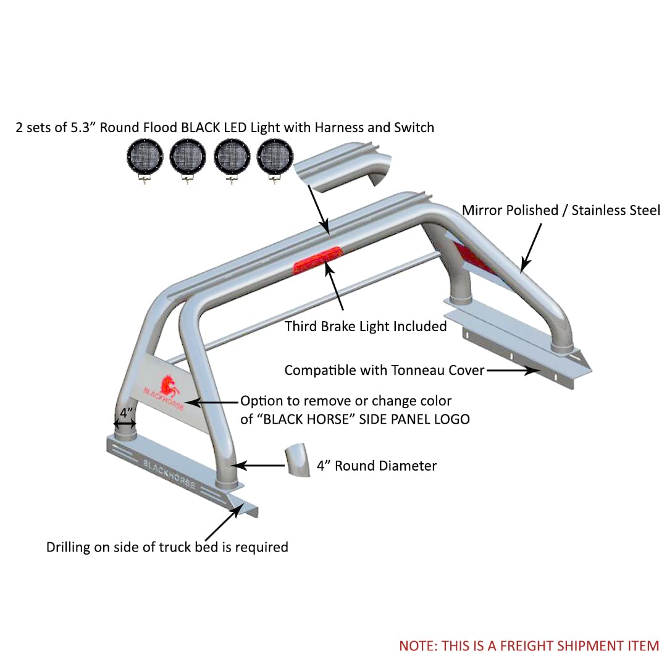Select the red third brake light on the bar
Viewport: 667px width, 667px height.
318,260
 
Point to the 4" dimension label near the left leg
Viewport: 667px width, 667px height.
127,412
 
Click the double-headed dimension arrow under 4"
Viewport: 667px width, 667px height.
125,424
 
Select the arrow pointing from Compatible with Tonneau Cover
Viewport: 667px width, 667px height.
513,371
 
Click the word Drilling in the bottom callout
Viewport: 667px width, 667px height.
68,547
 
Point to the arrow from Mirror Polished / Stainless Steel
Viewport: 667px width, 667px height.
531,248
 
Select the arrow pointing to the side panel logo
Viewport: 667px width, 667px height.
211,402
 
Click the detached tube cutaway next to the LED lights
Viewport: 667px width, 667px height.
343,167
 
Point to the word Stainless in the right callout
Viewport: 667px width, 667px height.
602,210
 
